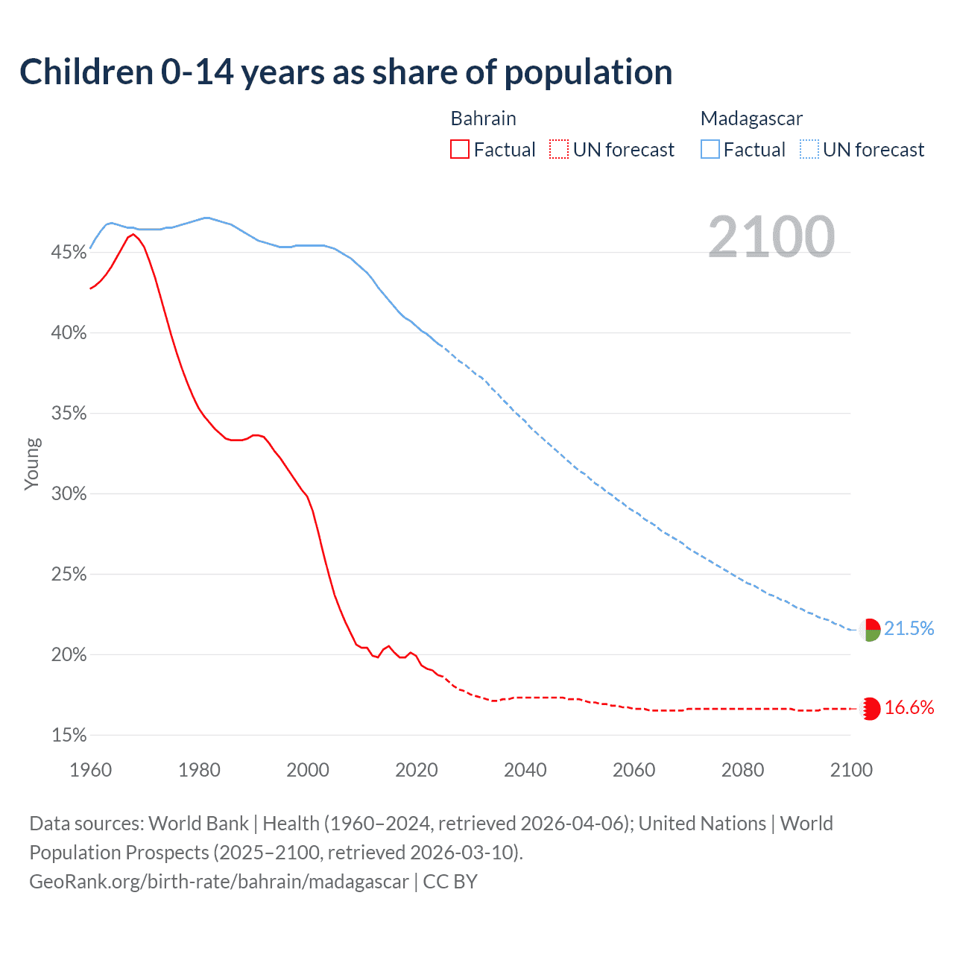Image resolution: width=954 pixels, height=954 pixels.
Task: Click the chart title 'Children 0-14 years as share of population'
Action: point(346,72)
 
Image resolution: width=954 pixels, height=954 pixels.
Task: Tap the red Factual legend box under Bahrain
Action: point(459,150)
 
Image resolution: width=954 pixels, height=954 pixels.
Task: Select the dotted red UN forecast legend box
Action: point(559,150)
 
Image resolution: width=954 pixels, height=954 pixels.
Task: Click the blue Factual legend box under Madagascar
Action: point(710,150)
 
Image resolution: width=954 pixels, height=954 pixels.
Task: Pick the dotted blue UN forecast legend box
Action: point(809,150)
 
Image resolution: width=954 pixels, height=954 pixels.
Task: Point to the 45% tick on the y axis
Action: point(69,253)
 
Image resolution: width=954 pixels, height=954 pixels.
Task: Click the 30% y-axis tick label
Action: point(69,494)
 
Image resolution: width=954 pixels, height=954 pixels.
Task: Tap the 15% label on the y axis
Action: point(69,736)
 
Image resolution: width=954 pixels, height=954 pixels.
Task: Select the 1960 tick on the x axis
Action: point(90,770)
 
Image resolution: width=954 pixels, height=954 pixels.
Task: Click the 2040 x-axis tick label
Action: point(525,770)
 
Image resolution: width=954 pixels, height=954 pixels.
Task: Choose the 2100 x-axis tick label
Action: point(850,770)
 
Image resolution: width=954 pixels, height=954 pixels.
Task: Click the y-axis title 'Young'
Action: point(32,464)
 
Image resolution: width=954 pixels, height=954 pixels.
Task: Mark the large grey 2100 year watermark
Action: point(771,237)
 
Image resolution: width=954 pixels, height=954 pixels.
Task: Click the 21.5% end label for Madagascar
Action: point(909,629)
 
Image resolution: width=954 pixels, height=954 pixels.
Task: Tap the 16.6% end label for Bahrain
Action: point(909,708)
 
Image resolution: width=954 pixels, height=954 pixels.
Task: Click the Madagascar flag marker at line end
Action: point(870,630)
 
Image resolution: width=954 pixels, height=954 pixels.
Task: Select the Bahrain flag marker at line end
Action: point(870,709)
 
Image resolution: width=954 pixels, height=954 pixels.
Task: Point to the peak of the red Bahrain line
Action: point(133,234)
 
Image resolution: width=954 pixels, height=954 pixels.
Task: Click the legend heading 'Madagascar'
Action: point(751,119)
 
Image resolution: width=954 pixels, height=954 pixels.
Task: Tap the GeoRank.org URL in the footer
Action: point(219,882)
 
